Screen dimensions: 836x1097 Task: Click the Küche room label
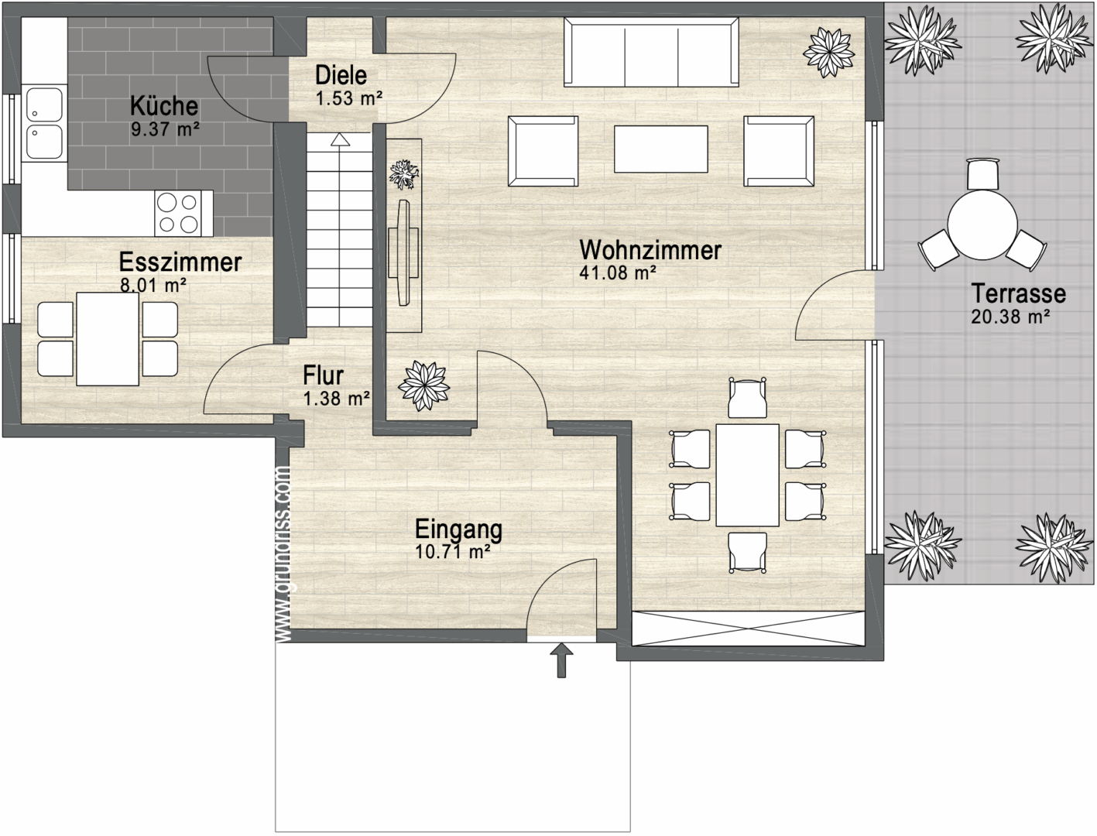[163, 106]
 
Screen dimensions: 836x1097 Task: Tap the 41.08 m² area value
[618, 272]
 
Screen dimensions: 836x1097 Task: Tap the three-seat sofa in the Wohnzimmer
[650, 53]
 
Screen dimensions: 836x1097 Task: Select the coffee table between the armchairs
[660, 149]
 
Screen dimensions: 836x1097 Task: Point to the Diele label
[341, 75]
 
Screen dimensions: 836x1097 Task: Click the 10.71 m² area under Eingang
[453, 551]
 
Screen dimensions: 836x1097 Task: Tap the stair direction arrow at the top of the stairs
[338, 139]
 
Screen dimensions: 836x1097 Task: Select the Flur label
[323, 375]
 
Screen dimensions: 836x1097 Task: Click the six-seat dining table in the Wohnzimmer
[747, 475]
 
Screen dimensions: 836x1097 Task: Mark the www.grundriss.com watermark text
[283, 553]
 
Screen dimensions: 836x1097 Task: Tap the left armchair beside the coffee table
[543, 151]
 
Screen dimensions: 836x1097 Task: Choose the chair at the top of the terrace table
[982, 173]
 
